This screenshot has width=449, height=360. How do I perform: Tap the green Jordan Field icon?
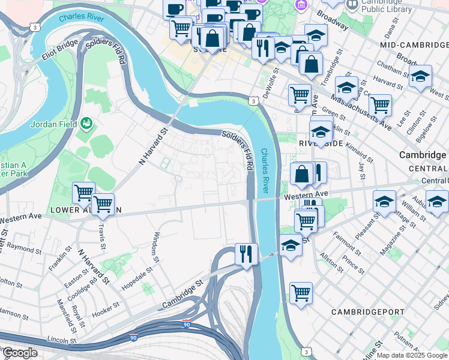87,122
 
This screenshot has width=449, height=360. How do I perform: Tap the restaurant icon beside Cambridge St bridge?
246,254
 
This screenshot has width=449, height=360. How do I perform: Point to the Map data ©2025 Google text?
411,355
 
